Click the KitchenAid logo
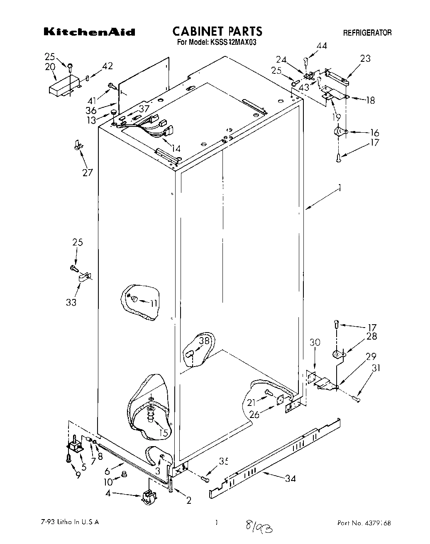(x=89, y=32)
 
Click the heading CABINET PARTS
(x=217, y=31)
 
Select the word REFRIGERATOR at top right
(x=367, y=33)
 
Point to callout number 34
(x=291, y=478)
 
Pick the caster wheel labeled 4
(x=148, y=496)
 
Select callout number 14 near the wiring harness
(x=176, y=148)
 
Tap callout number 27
(x=87, y=172)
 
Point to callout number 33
(x=71, y=302)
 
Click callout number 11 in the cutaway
(x=154, y=304)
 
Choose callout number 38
(x=204, y=341)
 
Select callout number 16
(x=374, y=133)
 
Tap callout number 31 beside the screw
(x=376, y=368)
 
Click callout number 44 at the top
(x=322, y=46)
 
